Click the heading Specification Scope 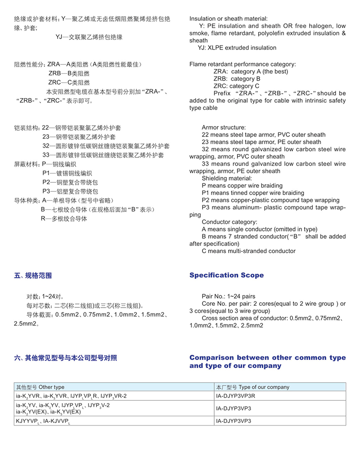pyautogui.click(x=226, y=275)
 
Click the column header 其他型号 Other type pyautogui.click(x=40, y=387)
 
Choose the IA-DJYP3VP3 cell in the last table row pyautogui.click(x=234, y=421)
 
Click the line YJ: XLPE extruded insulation pyautogui.click(x=237, y=48)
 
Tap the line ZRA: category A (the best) pyautogui.click(x=251, y=72)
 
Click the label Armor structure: pyautogui.click(x=224, y=127)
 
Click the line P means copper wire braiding pyautogui.click(x=242, y=186)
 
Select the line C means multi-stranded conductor pyautogui.click(x=249, y=251)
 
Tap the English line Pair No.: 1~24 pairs pyautogui.click(x=229, y=296)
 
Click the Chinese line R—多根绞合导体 pyautogui.click(x=64, y=219)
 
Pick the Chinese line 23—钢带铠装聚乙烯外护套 pyautogui.click(x=79, y=136)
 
